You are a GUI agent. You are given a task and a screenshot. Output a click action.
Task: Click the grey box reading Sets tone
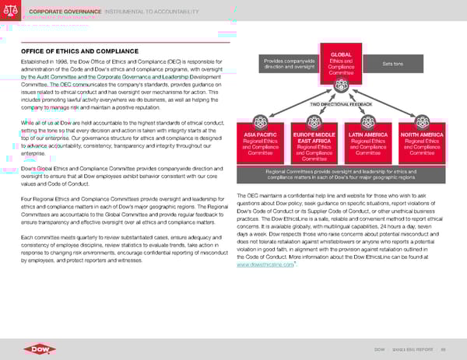point(395,64)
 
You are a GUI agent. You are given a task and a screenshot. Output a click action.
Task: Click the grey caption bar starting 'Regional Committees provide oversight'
point(341,174)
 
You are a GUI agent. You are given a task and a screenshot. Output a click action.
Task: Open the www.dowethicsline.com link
point(265,265)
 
